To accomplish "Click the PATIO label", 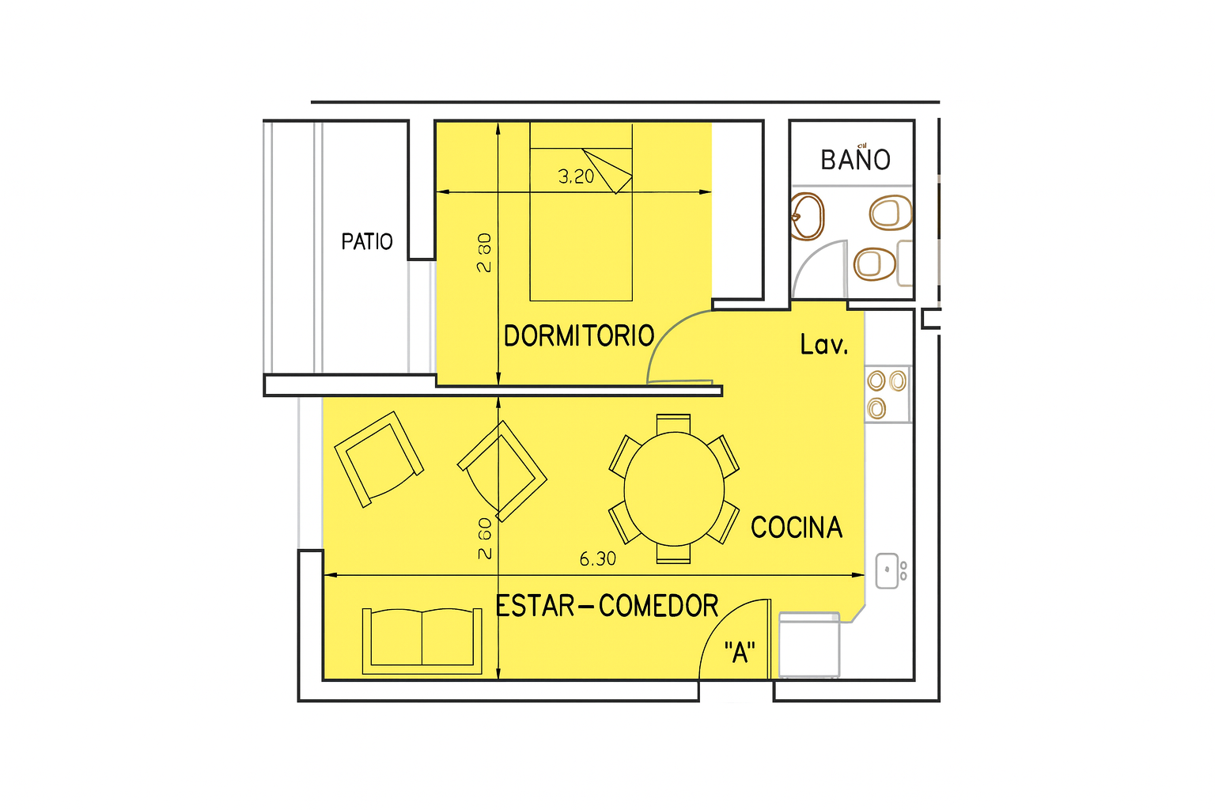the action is pyautogui.click(x=367, y=241).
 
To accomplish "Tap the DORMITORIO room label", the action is pyautogui.click(x=579, y=336).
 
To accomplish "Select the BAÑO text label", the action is pyautogui.click(x=855, y=158).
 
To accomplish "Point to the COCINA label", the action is pyautogui.click(x=797, y=528).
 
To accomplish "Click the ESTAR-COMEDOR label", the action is pyautogui.click(x=607, y=606).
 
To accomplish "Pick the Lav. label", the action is pyautogui.click(x=824, y=345).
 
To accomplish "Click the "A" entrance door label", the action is pyautogui.click(x=740, y=652).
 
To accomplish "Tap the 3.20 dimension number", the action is pyautogui.click(x=576, y=176).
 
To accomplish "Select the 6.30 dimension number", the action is pyautogui.click(x=598, y=558).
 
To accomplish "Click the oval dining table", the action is pyautogui.click(x=674, y=489).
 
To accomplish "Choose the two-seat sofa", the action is pyautogui.click(x=422, y=642).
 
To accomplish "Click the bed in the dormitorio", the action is pyautogui.click(x=581, y=211).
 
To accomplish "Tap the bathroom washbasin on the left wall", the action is pyautogui.click(x=807, y=216).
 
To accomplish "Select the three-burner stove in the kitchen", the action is pyautogui.click(x=888, y=394).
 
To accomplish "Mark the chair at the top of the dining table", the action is pyautogui.click(x=673, y=424).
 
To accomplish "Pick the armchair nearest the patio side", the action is pyautogui.click(x=379, y=459).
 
